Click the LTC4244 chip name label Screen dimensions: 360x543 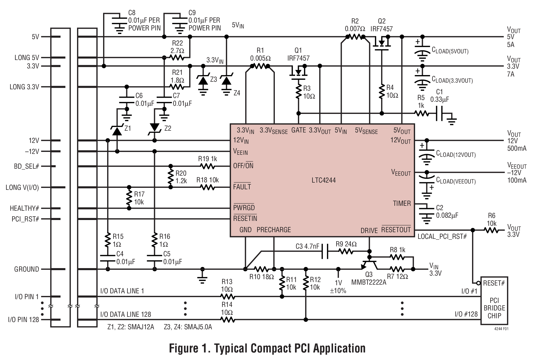pos(323,180)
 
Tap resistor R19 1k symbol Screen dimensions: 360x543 pos(207,166)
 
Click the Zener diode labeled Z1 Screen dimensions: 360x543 pos(117,131)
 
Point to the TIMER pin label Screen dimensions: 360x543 pos(402,203)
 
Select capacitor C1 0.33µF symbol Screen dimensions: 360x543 pos(440,113)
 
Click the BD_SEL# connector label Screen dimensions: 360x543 pos(26,167)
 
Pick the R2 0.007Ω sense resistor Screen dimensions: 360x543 pos(355,37)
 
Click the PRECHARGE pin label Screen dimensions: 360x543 pos(274,230)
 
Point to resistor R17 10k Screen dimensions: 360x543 pos(129,198)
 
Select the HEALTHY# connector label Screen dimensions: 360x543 pos(24,208)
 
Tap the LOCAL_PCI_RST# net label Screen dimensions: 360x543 pos(442,237)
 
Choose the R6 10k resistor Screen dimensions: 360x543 pos(491,230)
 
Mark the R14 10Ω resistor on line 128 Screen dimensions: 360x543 pos(227,320)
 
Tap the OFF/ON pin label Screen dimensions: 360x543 pos(243,166)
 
